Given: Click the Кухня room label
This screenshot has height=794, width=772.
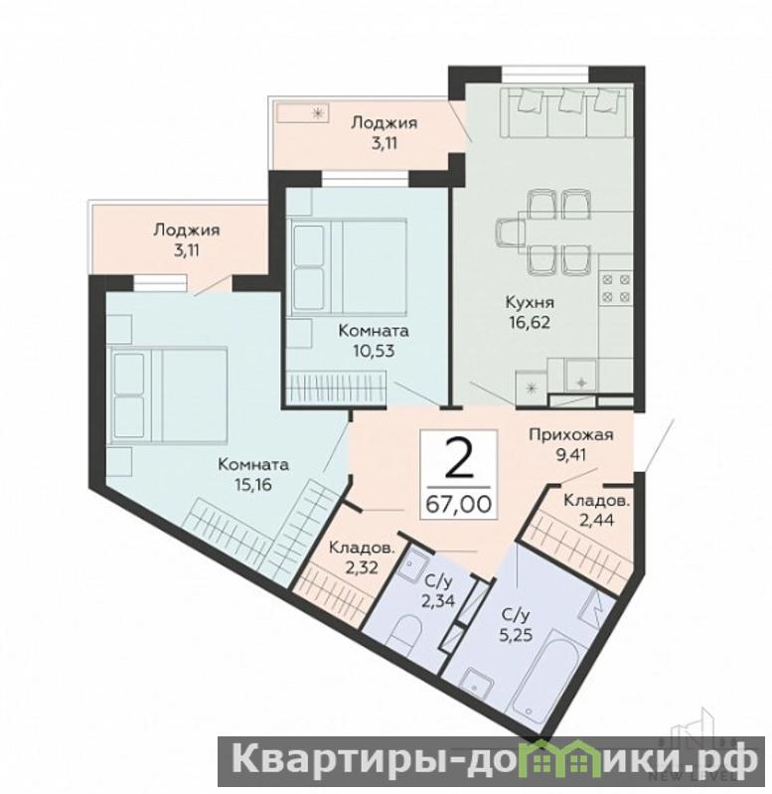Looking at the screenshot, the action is (x=530, y=302).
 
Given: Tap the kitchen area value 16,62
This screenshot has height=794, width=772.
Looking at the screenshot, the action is (x=530, y=322).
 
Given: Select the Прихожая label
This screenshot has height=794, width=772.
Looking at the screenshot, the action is (x=571, y=434).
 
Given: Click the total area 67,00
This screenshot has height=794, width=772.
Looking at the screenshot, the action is (x=458, y=504).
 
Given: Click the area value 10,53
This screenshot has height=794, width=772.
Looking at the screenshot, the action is (x=374, y=351).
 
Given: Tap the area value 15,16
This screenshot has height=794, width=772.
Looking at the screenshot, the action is (x=253, y=485).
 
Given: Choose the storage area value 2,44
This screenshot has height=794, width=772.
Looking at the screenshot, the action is (x=596, y=520).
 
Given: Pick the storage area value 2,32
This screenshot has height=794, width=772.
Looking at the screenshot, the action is (x=361, y=568).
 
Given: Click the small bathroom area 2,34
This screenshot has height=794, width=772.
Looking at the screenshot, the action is (x=438, y=601).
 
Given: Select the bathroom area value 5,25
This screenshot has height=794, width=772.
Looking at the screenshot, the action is (x=517, y=634).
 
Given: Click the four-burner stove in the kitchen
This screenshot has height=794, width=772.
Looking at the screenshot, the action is (x=616, y=287).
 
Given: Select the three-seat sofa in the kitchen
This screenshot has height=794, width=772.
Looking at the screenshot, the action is (x=566, y=112).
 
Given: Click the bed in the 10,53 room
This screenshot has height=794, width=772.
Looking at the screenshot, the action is (x=347, y=267).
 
